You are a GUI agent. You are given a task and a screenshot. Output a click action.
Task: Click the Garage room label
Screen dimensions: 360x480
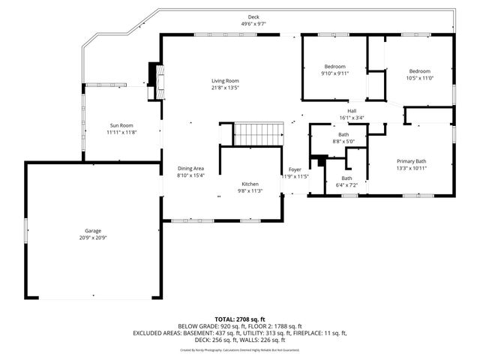click(x=93, y=231)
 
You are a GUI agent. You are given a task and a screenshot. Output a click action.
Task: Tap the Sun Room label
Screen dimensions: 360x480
click(x=121, y=125)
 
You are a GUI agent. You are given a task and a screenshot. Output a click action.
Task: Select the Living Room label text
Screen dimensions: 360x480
click(x=224, y=81)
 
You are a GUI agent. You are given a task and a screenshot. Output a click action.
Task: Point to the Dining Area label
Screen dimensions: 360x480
click(x=190, y=169)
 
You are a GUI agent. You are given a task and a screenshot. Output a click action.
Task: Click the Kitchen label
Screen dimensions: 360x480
click(x=250, y=184)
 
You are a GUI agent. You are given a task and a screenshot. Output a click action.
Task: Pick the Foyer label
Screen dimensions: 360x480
click(x=295, y=169)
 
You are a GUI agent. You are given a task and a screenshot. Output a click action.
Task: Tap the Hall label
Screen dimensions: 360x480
click(x=351, y=111)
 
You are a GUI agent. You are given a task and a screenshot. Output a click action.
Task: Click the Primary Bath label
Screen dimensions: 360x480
click(x=411, y=161)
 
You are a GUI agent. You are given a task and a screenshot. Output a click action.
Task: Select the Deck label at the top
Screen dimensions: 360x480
click(x=254, y=16)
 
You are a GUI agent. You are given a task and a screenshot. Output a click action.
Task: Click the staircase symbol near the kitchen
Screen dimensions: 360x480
click(x=258, y=134)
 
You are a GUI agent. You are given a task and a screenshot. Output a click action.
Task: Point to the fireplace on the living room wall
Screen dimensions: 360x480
click(x=156, y=75)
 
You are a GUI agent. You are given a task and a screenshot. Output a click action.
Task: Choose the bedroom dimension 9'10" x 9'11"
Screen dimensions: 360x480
click(x=333, y=73)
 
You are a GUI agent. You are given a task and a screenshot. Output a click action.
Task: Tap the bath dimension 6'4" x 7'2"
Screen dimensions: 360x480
click(x=346, y=184)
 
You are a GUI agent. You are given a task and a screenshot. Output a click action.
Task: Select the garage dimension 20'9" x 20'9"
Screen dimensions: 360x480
click(x=93, y=238)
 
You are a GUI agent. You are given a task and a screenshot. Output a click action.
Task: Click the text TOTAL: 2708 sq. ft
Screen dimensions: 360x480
click(x=239, y=319)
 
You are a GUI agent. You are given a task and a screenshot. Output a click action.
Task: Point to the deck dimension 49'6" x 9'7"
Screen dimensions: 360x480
click(x=254, y=24)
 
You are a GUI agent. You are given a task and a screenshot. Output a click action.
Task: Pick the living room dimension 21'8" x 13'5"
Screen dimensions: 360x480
click(x=224, y=88)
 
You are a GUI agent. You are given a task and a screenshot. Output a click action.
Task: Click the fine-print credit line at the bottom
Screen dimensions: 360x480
click(x=239, y=350)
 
